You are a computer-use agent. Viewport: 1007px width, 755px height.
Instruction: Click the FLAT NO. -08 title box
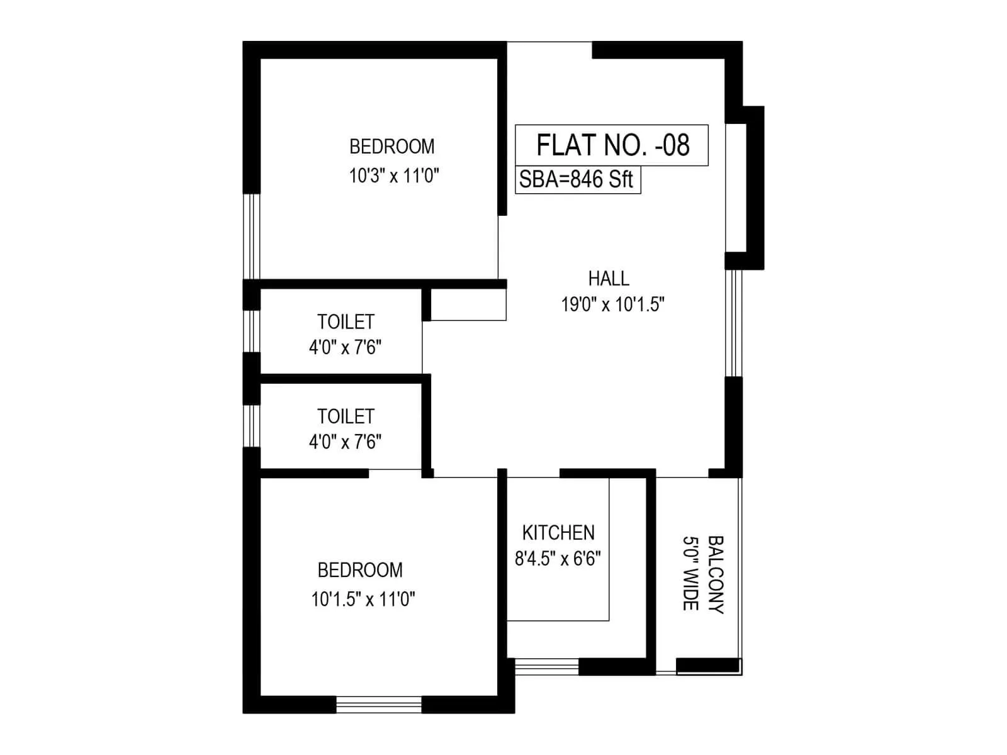(x=612, y=145)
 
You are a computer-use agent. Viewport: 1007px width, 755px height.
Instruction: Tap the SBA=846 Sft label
(x=577, y=179)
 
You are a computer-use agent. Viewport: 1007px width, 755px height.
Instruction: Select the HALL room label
(x=609, y=278)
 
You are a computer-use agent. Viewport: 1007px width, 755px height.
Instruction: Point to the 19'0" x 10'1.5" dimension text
(x=613, y=305)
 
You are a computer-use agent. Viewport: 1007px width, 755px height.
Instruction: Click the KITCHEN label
(x=558, y=533)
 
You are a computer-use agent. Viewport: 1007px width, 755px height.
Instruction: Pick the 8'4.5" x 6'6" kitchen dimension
(x=558, y=559)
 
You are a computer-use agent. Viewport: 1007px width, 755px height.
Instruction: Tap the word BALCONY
(x=716, y=574)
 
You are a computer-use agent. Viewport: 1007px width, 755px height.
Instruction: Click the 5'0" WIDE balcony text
(x=690, y=574)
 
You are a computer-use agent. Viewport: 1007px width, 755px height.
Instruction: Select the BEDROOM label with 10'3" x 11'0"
(x=392, y=147)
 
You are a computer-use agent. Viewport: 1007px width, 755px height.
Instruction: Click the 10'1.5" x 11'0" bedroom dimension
(x=363, y=599)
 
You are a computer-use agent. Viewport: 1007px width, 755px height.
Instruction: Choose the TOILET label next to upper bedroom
(x=346, y=322)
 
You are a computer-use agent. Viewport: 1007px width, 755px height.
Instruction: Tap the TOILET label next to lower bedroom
(x=346, y=417)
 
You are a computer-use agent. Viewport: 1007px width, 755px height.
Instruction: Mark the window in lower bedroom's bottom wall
(x=378, y=704)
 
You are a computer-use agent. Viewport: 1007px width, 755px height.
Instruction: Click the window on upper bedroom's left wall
(x=252, y=236)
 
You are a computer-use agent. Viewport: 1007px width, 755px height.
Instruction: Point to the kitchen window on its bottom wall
(x=546, y=666)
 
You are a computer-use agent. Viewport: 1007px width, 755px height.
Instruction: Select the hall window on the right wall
(x=733, y=323)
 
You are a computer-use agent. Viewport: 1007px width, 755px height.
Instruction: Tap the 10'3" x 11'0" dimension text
(x=394, y=176)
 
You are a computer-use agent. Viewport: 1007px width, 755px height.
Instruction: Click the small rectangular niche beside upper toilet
(x=468, y=305)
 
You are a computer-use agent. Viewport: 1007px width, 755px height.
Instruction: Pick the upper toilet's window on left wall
(x=252, y=331)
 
